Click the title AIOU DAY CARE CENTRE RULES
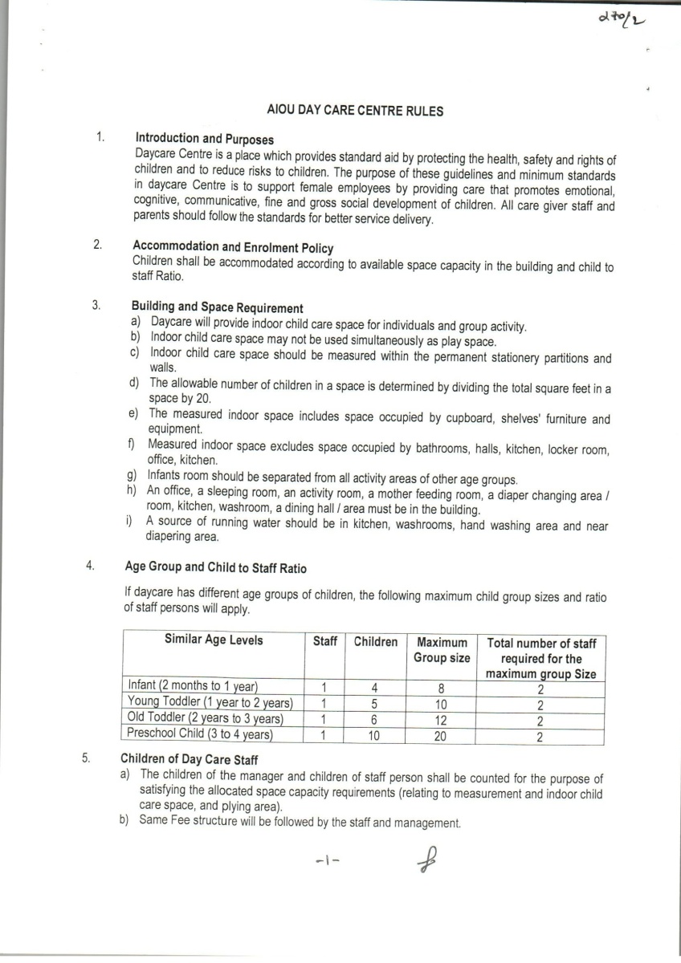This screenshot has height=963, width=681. click(354, 111)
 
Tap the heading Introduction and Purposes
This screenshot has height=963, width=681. click(204, 139)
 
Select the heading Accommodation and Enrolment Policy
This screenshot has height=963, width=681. click(233, 247)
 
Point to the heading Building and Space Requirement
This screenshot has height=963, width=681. click(217, 307)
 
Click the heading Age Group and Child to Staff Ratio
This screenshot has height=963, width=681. click(215, 567)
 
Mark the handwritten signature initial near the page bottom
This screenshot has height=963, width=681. click(424, 861)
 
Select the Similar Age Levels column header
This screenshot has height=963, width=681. click(214, 640)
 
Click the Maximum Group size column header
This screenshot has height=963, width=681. click(440, 650)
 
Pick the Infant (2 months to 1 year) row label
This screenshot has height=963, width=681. click(192, 686)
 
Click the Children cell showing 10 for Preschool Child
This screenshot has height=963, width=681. click(374, 734)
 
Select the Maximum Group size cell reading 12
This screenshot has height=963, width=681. click(440, 718)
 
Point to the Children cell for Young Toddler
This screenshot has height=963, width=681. click(374, 703)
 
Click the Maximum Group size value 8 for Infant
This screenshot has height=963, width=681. click(440, 687)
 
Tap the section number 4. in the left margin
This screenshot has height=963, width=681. click(91, 565)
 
